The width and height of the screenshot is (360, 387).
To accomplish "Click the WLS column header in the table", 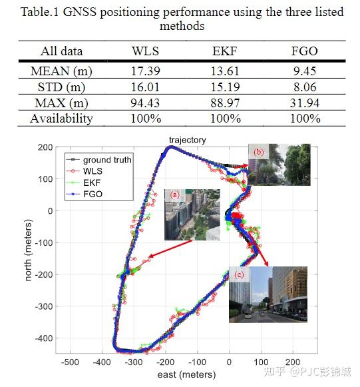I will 146,51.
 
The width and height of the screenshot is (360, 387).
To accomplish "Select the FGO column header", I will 305,51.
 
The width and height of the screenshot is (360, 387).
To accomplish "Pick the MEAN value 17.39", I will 146,71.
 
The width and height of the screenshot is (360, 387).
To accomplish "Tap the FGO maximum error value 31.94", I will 305,103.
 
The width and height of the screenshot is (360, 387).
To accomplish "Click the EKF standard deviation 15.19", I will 226,87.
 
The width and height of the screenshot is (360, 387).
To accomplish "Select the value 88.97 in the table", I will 226,103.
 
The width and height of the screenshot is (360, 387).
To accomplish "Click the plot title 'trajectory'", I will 187,140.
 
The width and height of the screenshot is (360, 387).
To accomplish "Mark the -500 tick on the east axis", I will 70,362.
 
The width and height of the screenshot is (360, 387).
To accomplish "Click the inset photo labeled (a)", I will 192,214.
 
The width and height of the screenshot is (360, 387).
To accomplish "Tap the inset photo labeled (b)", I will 279,165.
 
